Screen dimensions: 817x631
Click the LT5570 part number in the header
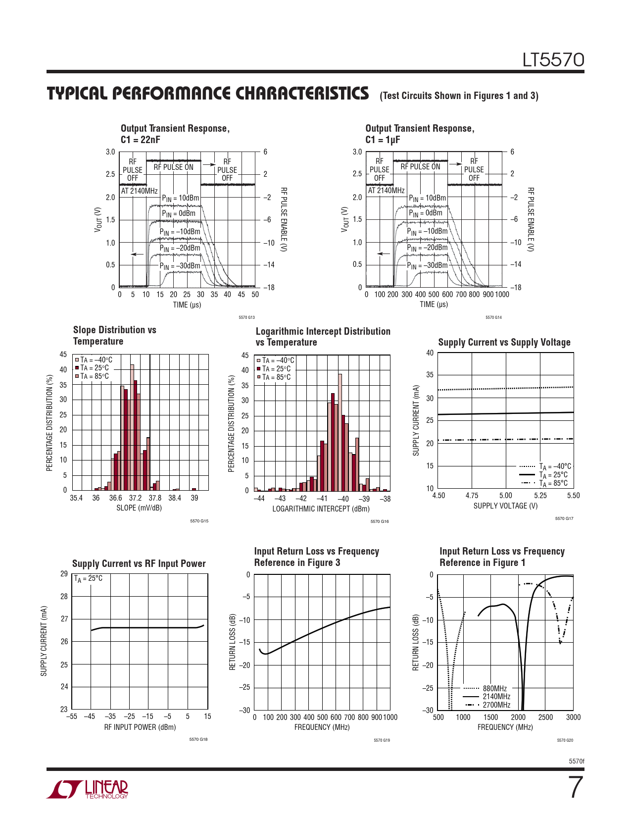[553, 60]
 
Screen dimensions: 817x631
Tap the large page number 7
[576, 787]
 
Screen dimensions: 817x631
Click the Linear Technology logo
[88, 789]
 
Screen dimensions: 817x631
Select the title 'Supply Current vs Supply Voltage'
[504, 342]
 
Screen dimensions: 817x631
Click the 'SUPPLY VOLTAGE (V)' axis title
[505, 506]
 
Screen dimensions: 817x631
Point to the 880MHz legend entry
[494, 688]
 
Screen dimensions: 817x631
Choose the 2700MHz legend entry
[496, 705]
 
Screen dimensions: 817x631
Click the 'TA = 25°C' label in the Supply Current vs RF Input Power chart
[89, 578]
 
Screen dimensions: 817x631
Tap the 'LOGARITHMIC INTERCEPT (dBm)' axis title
[321, 509]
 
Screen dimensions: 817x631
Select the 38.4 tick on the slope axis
[175, 498]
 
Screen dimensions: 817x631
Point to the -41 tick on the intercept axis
[322, 499]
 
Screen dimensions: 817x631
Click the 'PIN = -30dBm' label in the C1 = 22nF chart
[180, 266]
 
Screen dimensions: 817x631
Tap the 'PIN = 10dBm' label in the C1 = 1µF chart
[427, 198]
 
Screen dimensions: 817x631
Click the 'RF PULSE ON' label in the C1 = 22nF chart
[173, 167]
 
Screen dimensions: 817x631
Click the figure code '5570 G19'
[382, 740]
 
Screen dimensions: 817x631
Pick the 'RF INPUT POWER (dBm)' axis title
[140, 727]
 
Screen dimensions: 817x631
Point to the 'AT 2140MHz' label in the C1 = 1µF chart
[386, 191]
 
